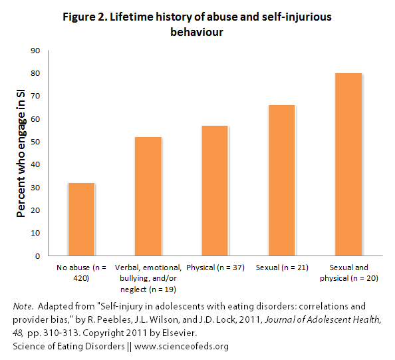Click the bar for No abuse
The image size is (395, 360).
[x=81, y=220]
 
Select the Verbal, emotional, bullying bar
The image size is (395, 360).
[x=148, y=196]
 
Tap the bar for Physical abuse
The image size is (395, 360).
[x=215, y=191]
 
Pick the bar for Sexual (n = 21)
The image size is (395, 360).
[x=282, y=180]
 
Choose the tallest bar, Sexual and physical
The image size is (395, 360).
[x=348, y=164]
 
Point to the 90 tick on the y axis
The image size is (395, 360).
[x=35, y=51]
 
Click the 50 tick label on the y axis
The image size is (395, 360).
[x=35, y=142]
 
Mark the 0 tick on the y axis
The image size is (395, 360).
[x=37, y=256]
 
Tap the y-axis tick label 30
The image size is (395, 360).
[x=35, y=188]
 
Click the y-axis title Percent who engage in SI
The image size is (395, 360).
[x=21, y=153]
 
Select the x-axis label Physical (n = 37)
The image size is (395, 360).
[x=215, y=268]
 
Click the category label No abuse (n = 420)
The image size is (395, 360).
[x=81, y=273]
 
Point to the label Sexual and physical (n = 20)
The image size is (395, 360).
[x=349, y=273]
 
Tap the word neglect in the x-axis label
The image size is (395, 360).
[x=134, y=289]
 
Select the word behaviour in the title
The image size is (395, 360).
[x=197, y=32]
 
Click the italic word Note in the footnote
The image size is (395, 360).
[x=23, y=306]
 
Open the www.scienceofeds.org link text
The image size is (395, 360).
[x=182, y=347]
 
